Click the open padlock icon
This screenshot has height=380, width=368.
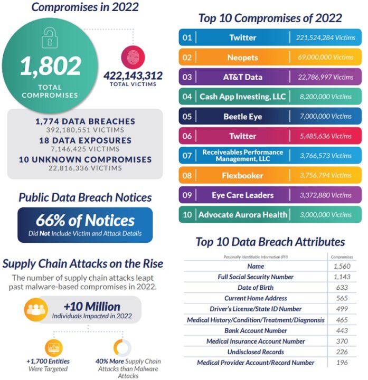click(x=50, y=37)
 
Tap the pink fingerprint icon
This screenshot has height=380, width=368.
click(x=133, y=57)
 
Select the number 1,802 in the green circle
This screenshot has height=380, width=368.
click(x=51, y=66)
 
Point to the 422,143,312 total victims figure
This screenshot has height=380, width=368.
click(x=133, y=75)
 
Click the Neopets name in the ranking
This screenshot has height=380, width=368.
click(x=243, y=58)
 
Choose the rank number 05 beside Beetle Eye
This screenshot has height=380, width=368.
click(x=187, y=117)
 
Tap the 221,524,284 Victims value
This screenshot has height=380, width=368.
click(x=326, y=37)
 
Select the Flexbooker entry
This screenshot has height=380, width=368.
click(x=242, y=175)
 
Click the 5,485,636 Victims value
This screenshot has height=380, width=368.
click(x=326, y=136)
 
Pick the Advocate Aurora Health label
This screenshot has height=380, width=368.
click(x=243, y=215)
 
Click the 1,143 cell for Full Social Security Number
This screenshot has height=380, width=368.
click(x=342, y=277)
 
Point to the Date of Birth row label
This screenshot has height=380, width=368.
click(x=256, y=288)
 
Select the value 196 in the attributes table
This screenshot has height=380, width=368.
click(x=342, y=363)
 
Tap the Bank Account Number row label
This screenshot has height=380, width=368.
click(x=256, y=330)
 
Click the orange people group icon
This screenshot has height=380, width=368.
click(x=35, y=309)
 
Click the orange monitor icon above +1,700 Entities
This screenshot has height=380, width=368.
click(x=54, y=348)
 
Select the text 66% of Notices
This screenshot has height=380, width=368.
click(x=85, y=220)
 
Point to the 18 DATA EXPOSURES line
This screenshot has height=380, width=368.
click(x=86, y=140)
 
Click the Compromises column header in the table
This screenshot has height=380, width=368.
click(x=342, y=257)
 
